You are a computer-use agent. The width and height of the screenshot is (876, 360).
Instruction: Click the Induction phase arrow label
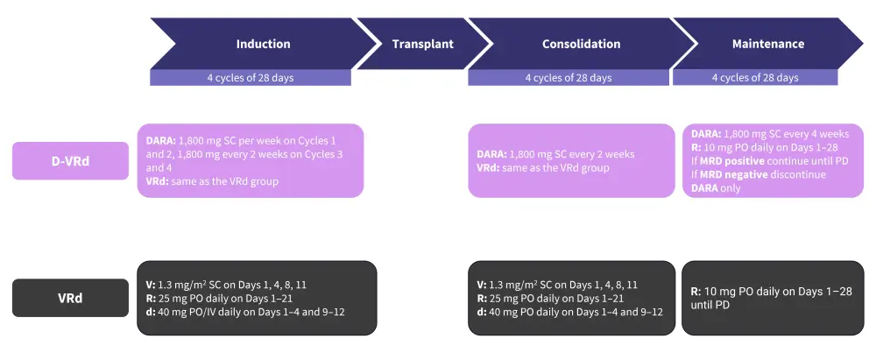click(263, 44)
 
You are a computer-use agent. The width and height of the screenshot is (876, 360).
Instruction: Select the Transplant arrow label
click(422, 44)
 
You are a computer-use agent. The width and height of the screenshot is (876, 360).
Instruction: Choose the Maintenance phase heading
click(767, 44)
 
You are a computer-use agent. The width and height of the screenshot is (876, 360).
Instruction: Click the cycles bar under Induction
click(250, 78)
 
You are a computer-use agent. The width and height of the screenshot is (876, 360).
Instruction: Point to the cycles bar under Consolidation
click(568, 78)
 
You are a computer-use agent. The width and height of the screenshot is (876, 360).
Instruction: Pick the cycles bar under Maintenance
click(754, 78)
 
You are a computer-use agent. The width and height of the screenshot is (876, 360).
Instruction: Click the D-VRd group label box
click(70, 160)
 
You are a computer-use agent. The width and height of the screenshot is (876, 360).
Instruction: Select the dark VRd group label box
click(70, 297)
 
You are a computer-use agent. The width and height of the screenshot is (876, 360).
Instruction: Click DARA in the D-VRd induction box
click(160, 140)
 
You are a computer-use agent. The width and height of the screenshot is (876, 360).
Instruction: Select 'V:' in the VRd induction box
click(150, 285)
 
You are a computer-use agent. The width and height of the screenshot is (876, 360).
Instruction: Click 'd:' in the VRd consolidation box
click(482, 312)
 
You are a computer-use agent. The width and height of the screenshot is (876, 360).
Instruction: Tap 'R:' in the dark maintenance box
click(696, 291)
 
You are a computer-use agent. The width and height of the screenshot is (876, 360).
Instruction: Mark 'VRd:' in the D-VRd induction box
click(159, 181)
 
